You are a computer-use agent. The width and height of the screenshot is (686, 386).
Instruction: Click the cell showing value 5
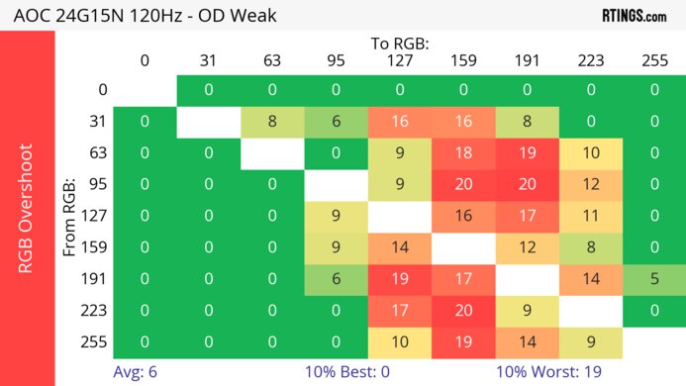click(x=653, y=279)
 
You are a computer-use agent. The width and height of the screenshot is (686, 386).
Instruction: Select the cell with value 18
click(x=463, y=152)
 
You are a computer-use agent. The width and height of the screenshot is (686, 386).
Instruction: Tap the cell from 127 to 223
click(x=590, y=216)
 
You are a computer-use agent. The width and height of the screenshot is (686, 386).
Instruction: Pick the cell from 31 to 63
click(x=272, y=121)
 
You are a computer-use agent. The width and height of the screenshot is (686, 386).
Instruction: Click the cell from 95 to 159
click(x=463, y=184)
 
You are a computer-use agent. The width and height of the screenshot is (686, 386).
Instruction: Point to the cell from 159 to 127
click(x=399, y=247)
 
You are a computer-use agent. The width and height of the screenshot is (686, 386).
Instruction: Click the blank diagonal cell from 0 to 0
click(x=145, y=90)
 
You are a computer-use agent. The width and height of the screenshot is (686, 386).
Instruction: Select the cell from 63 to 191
click(x=527, y=152)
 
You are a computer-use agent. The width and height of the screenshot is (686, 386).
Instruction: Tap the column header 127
click(x=399, y=60)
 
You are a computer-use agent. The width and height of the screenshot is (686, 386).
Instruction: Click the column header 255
click(x=653, y=60)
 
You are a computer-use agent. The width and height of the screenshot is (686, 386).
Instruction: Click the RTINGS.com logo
click(x=635, y=15)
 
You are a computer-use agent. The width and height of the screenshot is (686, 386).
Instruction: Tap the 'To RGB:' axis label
click(x=399, y=44)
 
